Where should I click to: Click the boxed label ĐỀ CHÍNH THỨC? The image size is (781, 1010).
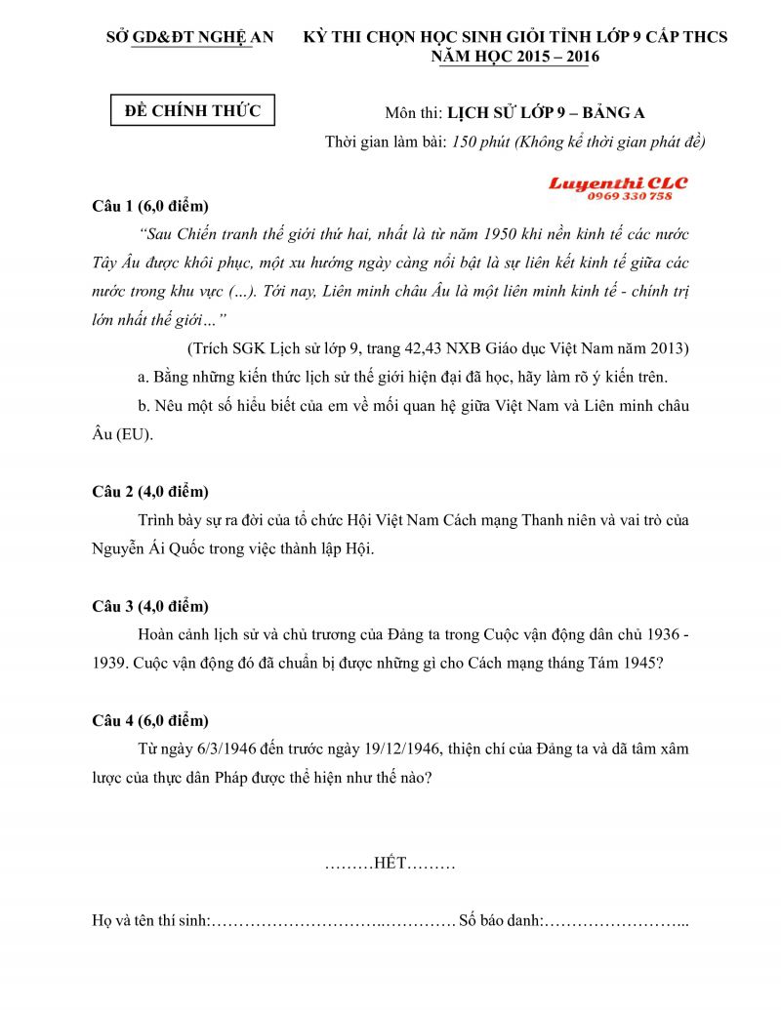tap(192, 110)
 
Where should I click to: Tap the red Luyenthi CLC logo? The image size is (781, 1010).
tap(617, 182)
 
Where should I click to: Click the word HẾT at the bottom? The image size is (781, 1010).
tap(390, 864)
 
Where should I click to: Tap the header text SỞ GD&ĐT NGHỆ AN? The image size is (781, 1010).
tap(189, 37)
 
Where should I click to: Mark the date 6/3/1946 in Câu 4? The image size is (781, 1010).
tap(219, 748)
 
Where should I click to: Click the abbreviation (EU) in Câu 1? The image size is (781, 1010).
tap(134, 434)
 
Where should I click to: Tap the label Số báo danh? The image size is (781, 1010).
tap(500, 920)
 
